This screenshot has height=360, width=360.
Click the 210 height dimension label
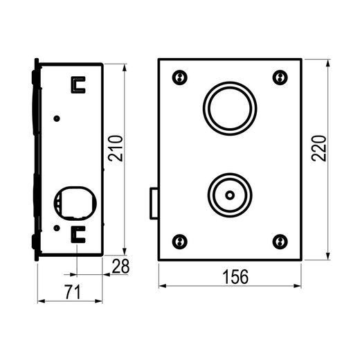point(116,148)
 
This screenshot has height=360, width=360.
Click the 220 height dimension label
point(318,148)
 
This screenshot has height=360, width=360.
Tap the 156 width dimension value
point(235,277)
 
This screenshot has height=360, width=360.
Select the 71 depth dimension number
point(73,292)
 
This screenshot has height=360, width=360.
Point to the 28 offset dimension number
point(120,266)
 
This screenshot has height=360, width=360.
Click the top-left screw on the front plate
point(180,78)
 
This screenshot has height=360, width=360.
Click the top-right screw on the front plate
point(280,78)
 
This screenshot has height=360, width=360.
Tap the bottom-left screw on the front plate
point(180,242)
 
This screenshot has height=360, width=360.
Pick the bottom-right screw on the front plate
point(280,242)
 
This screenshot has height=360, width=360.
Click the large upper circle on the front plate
point(230,82)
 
